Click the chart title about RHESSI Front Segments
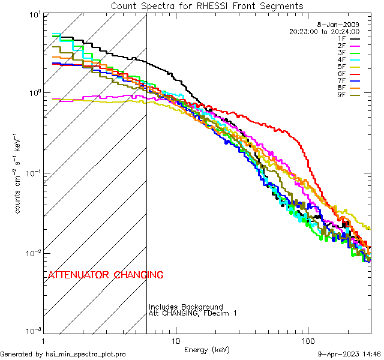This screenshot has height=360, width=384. (207, 5)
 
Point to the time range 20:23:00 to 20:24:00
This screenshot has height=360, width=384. (324, 31)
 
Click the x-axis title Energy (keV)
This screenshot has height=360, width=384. (206, 350)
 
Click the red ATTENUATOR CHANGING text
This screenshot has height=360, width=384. (106, 275)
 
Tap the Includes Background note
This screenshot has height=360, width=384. (185, 307)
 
